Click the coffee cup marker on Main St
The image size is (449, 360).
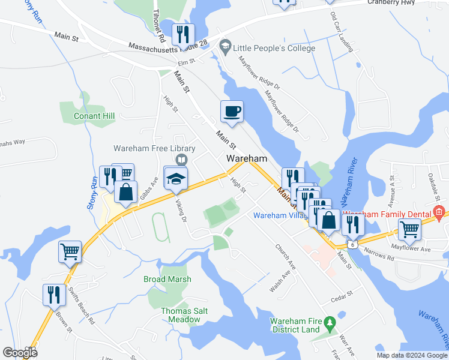(232, 112)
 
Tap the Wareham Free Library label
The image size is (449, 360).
(155, 148)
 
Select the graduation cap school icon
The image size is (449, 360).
(176, 178)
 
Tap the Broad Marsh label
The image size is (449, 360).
(167, 279)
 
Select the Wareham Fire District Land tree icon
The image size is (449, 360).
(328, 325)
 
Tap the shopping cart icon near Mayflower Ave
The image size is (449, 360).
(409, 229)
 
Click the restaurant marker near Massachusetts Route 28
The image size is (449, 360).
(181, 35)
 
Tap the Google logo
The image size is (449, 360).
(20, 353)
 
